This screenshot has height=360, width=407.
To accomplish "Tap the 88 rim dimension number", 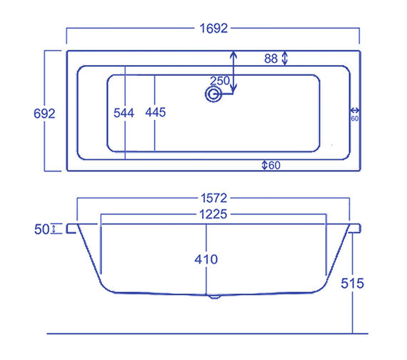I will (271, 59).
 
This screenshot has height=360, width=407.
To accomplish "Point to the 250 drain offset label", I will (220, 81).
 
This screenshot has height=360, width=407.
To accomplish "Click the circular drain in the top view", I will (212, 94).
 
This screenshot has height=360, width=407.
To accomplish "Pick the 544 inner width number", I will (124, 113).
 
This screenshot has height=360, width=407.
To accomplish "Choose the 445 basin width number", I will (156, 113).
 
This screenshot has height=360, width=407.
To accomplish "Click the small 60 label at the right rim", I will (354, 119).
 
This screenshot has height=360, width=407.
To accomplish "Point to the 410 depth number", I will (206, 259).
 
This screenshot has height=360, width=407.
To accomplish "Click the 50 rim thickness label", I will (41, 229).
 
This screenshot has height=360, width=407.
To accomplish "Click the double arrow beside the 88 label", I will (285, 58).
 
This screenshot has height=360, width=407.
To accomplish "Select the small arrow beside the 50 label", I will (54, 229).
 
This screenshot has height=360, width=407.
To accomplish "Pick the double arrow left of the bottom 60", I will (264, 165).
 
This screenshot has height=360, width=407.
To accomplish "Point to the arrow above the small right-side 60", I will (354, 111).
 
